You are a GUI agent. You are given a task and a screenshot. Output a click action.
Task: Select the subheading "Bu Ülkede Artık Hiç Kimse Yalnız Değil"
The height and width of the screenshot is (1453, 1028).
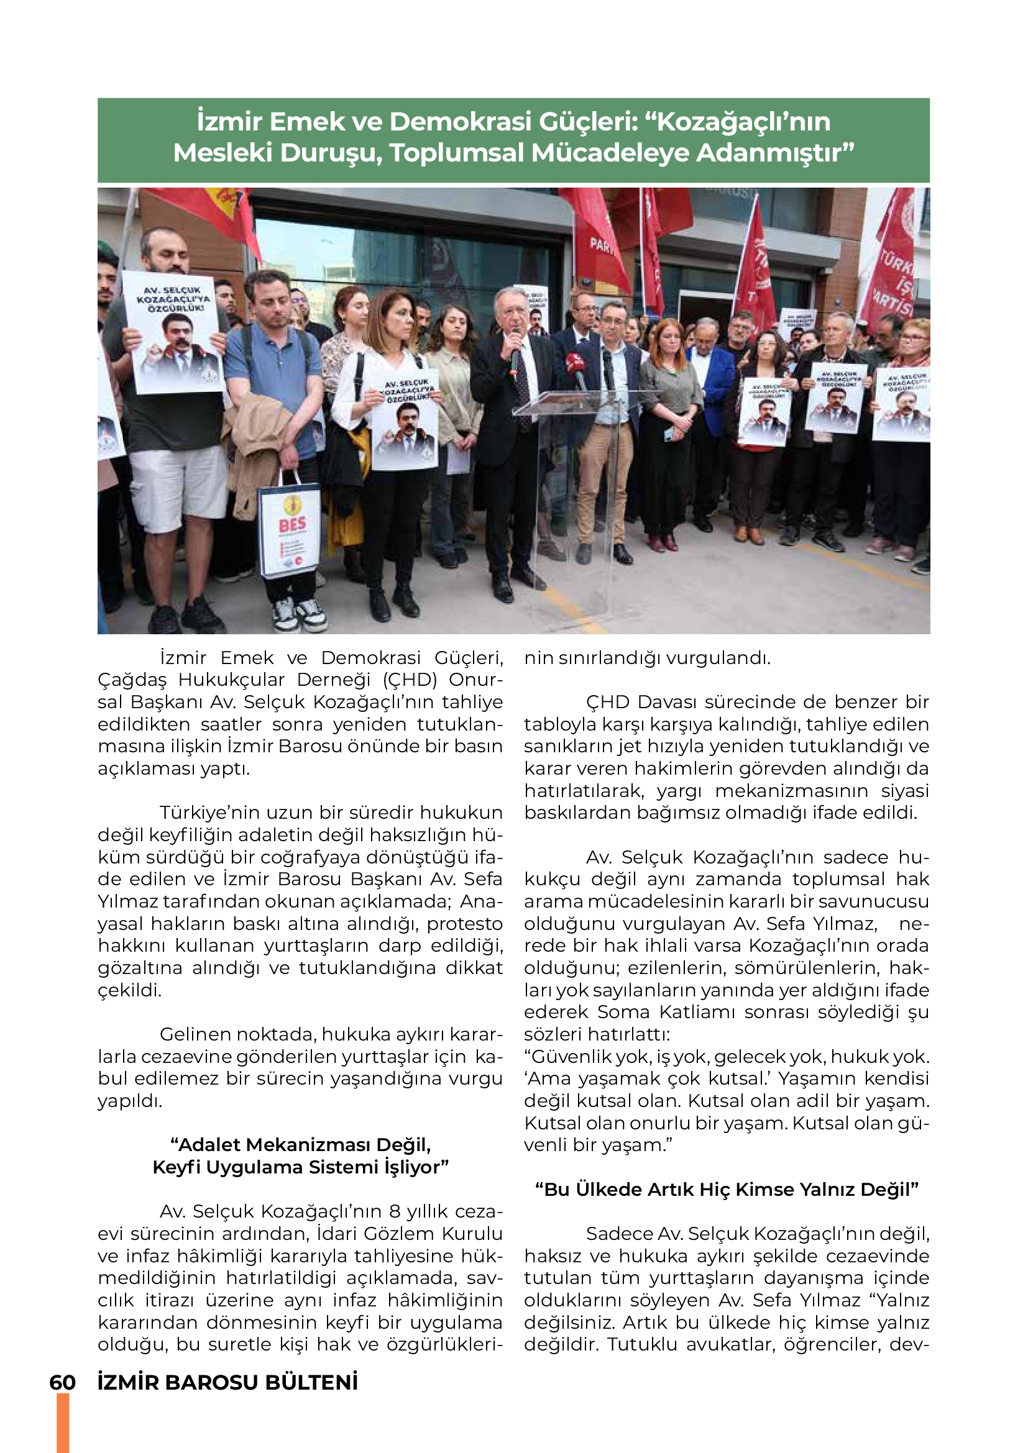click(x=726, y=1189)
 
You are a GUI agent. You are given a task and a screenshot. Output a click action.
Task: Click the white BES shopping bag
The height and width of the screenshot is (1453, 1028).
click(x=290, y=532)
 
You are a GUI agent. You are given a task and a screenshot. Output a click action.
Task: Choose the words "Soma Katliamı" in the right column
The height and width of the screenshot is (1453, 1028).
click(x=667, y=1012)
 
